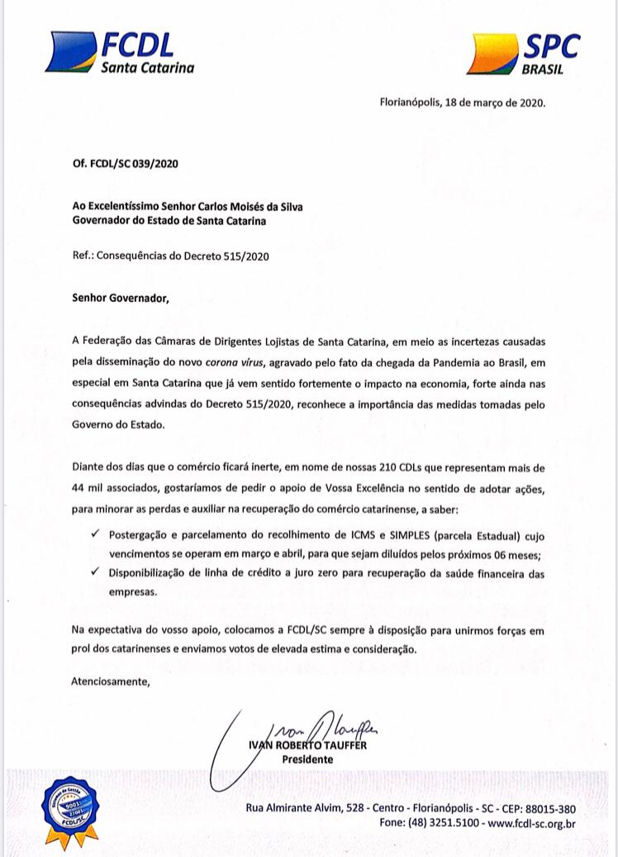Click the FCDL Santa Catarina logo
[122, 52]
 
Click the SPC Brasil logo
[522, 54]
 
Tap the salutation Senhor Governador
[120, 298]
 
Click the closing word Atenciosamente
[111, 682]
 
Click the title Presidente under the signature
[307, 759]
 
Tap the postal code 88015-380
[546, 808]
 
